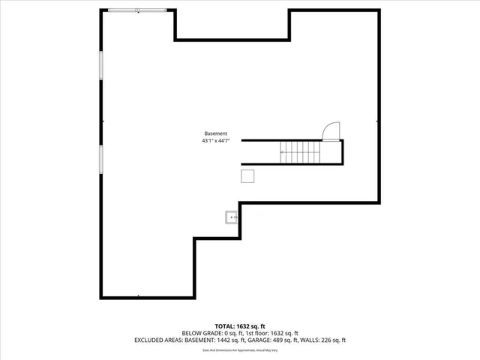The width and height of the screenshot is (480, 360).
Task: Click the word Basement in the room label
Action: point(215,133)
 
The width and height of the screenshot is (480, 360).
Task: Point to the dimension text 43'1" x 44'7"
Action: point(215,140)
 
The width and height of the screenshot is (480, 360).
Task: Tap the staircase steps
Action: point(299,152)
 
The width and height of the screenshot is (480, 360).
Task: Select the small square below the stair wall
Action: point(247,175)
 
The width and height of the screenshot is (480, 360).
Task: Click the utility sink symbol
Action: point(231,218)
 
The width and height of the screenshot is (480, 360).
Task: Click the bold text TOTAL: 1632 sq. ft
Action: point(240,326)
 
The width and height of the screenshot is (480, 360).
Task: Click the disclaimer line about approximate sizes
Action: point(240,350)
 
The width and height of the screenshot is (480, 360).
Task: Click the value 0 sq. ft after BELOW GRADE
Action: point(232,333)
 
